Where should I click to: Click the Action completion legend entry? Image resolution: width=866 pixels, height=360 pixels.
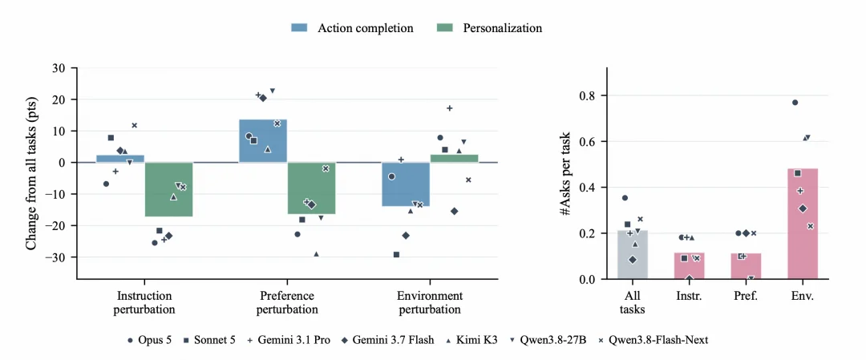point(352,28)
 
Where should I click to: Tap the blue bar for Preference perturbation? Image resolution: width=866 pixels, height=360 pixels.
point(263,141)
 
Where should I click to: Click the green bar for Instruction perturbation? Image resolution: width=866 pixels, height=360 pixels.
point(168,189)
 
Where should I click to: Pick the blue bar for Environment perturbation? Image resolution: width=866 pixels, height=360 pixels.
point(406,184)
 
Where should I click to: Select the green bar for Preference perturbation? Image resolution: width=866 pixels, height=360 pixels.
point(311,188)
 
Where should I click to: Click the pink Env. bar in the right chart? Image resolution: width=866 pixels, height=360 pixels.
point(802,224)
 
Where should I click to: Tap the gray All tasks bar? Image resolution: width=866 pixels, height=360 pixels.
point(633,254)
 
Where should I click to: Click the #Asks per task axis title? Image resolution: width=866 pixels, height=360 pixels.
point(567,173)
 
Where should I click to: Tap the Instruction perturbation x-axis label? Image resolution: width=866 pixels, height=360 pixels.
point(144,302)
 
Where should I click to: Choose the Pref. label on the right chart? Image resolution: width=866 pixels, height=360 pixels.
point(745,296)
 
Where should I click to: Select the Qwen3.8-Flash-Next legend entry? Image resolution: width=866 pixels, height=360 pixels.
point(654,340)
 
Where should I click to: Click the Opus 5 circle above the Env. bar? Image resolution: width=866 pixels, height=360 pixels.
point(795,102)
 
